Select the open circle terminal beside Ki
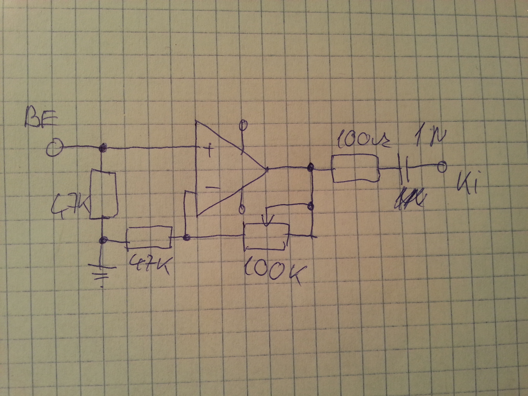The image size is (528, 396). point(442,167)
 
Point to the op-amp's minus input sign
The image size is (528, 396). point(212,188)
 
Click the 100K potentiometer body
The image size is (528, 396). point(266,236)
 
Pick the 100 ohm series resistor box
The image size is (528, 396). point(355,169)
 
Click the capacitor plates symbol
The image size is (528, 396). point(405,169)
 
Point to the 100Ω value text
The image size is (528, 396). point(363,140)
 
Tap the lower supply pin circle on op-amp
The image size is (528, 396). point(242,209)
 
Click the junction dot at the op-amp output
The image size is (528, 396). point(309,167)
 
